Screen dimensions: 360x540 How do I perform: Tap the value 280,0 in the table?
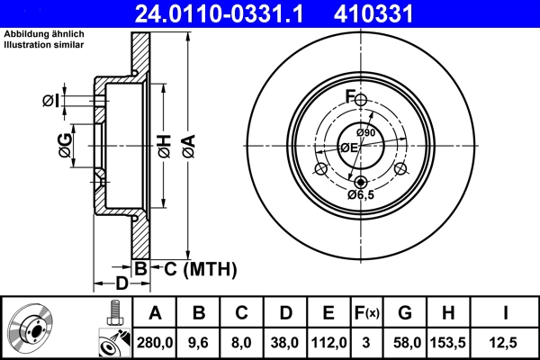pos(154,342)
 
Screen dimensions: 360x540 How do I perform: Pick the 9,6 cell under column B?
pos(198,342)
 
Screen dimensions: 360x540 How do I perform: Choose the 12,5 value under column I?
pos(504,342)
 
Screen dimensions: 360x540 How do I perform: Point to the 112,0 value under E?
pos(328,342)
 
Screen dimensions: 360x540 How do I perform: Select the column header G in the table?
pos(405,313)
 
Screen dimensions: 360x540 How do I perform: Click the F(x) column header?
pos(368,313)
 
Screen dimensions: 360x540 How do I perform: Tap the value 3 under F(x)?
pos(368,342)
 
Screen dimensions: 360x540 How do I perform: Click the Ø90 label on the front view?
pos(364,133)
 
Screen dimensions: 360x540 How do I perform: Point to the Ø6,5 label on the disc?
pos(362,193)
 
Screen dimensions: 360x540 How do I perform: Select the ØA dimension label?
pos(188,147)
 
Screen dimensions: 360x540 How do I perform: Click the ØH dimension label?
pos(163,147)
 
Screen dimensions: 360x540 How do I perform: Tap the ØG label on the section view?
pos(66,147)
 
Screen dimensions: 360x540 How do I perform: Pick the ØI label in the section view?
pos(51,101)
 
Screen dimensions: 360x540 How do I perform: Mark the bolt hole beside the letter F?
pos(360,100)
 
